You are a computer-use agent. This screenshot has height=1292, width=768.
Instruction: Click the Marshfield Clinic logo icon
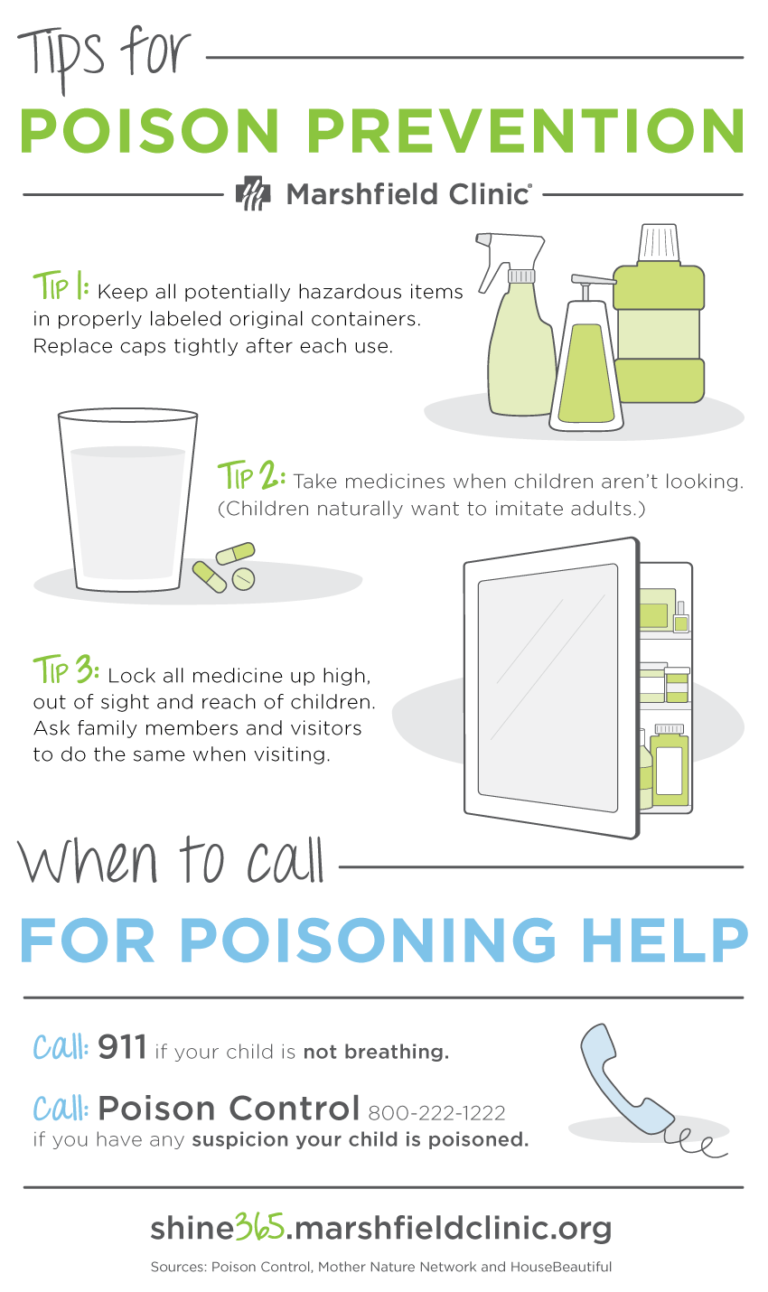tap(252, 193)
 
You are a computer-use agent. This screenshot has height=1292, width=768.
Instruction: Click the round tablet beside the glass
tap(243, 578)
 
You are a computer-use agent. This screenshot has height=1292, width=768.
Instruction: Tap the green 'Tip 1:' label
tap(61, 290)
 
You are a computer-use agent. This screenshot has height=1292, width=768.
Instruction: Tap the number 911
tap(123, 1049)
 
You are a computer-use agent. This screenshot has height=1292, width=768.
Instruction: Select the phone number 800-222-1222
tap(436, 1112)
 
